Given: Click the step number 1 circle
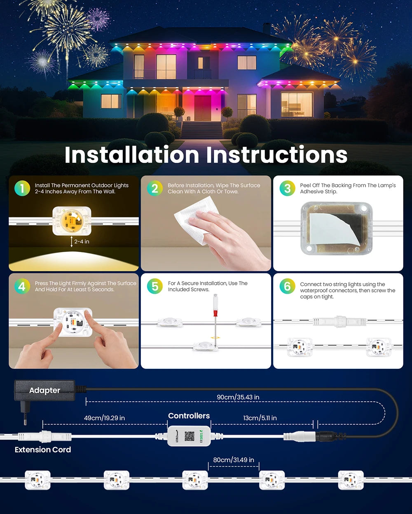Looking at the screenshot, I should pos(22,188).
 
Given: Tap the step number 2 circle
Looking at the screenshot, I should pos(155,188).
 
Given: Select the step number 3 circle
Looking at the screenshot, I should pos(288,188).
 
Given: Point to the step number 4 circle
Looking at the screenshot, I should pos(22,286).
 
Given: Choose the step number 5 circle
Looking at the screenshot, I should pos(155,286).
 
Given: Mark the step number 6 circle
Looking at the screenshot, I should pos(288,286).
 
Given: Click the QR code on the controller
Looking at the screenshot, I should pos(190,436).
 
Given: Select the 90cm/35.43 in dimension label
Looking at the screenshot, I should pos(238,397).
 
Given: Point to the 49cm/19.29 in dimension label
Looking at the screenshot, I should pos(104,418).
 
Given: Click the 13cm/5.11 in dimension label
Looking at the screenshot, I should pos(260,418).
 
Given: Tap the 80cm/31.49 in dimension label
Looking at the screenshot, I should pos(234,460).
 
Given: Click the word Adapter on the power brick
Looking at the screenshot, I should pos(44,390).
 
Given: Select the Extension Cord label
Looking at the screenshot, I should pos(43,450).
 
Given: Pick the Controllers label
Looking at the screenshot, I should pos(189,416).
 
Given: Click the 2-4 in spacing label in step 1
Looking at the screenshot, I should pos(82,242).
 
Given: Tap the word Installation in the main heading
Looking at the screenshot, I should pos(132,155).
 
